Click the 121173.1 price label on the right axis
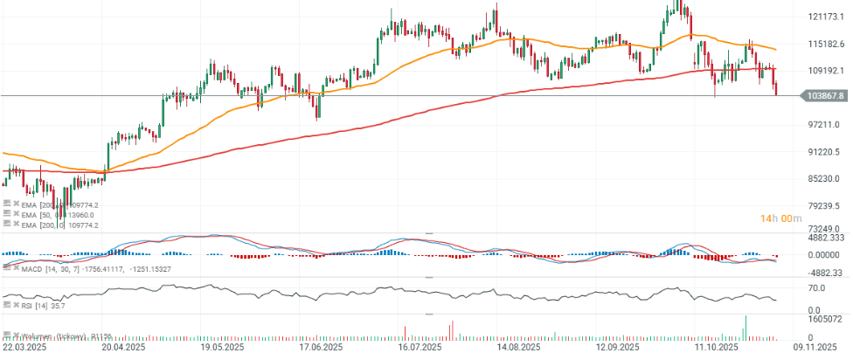pyautogui.click(x=824, y=17)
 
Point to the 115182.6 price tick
pyautogui.click(x=824, y=44)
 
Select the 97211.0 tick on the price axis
pyautogui.click(x=822, y=125)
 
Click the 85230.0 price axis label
pyautogui.click(x=822, y=179)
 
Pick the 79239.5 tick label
pyautogui.click(x=822, y=206)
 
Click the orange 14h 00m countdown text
pyautogui.click(x=780, y=218)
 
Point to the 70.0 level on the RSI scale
pyautogui.click(x=817, y=287)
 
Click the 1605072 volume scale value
pyautogui.click(x=823, y=320)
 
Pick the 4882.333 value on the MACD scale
pyautogui.click(x=826, y=238)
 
